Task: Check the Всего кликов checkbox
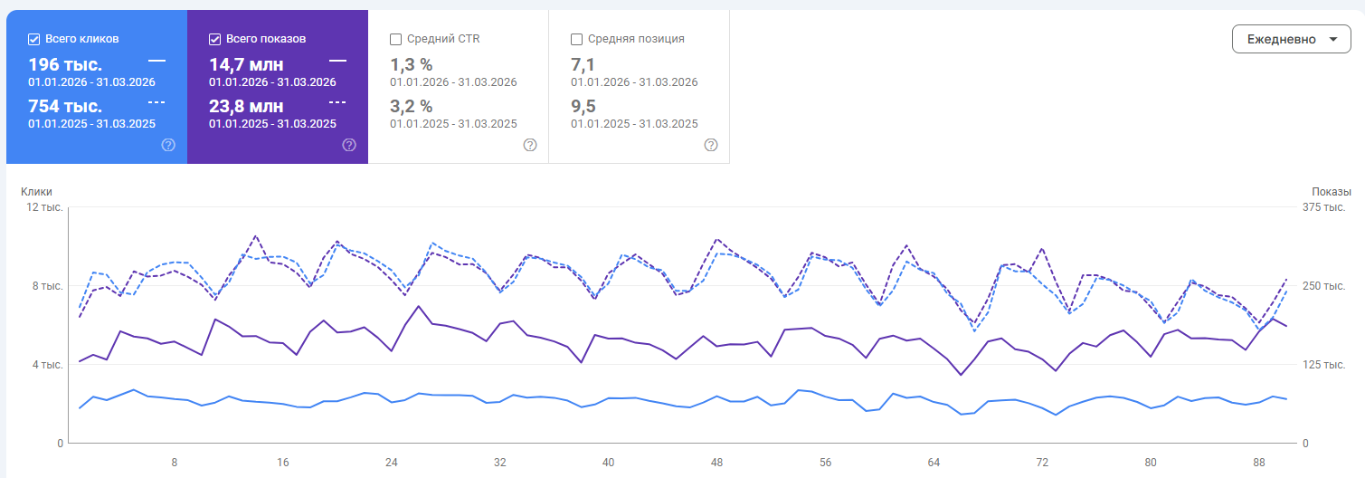33,39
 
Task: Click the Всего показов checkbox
214,39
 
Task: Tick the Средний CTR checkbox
395,39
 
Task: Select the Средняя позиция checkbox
576,39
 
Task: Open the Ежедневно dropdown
1291,39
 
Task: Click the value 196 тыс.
65,65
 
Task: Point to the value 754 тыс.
65,107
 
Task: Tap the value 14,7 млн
246,65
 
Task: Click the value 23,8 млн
246,107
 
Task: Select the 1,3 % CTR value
411,65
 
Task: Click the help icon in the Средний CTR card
530,145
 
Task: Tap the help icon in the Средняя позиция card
711,145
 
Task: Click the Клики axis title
36,192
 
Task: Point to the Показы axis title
1332,192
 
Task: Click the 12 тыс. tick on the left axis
44,207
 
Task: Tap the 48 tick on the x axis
716,463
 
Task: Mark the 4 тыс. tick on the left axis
48,365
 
